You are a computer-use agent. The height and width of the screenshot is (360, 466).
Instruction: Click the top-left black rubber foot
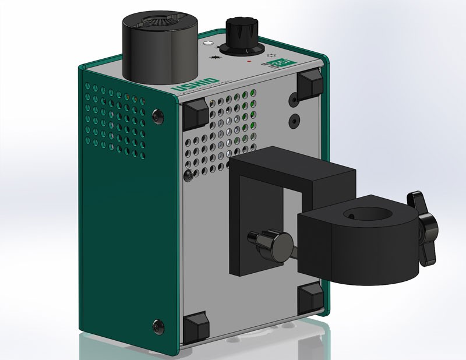(x=195, y=114)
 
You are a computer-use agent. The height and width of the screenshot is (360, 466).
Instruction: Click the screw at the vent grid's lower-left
(x=187, y=174)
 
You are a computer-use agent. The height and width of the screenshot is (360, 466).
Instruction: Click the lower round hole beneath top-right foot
(x=294, y=121)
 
